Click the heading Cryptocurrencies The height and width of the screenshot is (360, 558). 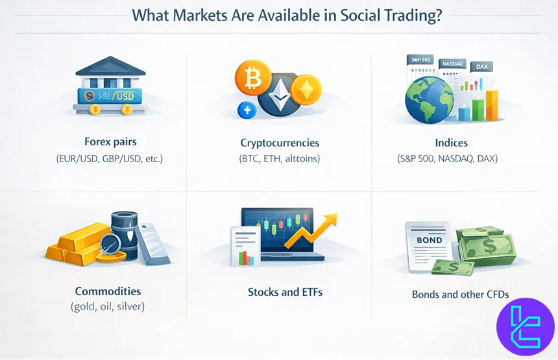280,143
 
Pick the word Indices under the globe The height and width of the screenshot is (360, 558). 452,143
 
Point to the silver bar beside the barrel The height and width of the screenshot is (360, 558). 155,243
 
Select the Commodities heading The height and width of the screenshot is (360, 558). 108,291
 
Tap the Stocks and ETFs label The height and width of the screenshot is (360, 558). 285,292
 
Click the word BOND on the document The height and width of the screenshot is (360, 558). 430,240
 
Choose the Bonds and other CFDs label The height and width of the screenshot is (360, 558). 460,294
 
